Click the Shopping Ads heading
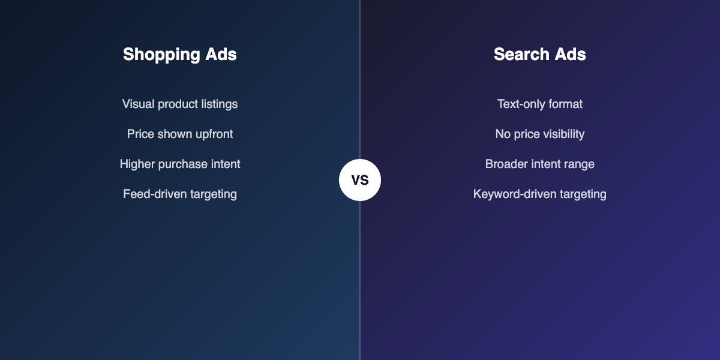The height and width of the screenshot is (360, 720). coord(180,55)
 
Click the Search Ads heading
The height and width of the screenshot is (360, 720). coord(540,55)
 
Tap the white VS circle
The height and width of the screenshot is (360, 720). coord(360,180)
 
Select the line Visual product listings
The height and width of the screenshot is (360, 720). coord(180,104)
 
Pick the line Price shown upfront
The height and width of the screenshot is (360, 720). coord(180,134)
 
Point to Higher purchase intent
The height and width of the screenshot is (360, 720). coord(180,164)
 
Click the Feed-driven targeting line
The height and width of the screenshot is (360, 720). coord(180,194)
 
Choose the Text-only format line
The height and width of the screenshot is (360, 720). coord(540,104)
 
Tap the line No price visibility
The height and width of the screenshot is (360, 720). coord(540,134)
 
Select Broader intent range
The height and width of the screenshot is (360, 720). coord(540,164)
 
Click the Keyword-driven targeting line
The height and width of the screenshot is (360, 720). coord(540,194)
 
